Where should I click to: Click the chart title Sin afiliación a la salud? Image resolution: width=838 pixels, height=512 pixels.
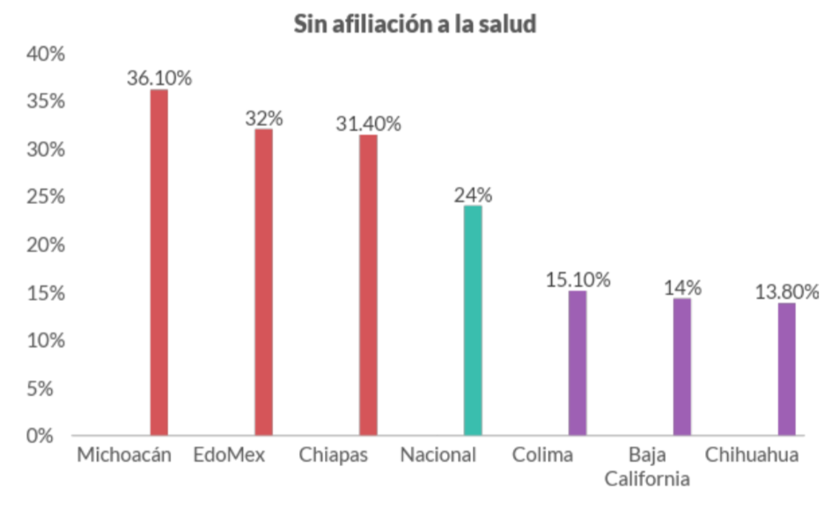[415, 25]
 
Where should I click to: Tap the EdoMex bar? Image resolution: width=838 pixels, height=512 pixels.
[263, 282]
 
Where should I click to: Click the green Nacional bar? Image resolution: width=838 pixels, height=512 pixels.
[473, 320]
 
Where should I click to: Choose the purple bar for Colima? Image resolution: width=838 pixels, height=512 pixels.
[577, 362]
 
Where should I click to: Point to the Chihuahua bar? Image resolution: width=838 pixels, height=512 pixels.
[786, 369]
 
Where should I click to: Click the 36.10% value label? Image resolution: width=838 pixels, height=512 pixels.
[159, 78]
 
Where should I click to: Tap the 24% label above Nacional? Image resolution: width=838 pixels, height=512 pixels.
[473, 195]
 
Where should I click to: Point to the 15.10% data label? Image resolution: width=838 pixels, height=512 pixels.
[577, 280]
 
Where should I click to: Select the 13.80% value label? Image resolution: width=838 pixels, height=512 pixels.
[787, 291]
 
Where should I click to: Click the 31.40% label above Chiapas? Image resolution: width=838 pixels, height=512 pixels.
[368, 124]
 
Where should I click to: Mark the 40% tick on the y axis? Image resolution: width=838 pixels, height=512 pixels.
[46, 55]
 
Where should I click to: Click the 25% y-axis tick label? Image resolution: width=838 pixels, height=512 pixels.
[46, 197]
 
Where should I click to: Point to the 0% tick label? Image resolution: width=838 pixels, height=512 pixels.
[51, 435]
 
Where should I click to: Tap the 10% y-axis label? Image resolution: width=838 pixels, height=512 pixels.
[46, 340]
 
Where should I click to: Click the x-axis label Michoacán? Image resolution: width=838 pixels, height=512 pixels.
[123, 456]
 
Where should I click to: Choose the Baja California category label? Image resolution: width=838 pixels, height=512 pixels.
[659, 467]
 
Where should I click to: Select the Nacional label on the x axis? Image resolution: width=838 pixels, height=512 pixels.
[437, 456]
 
